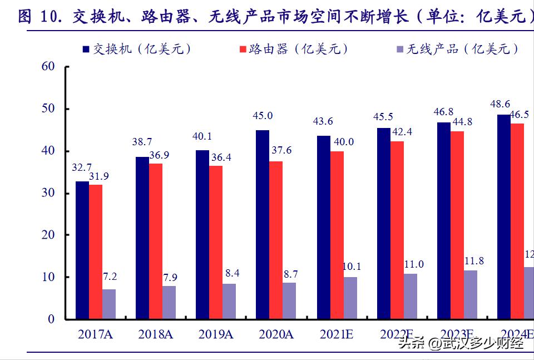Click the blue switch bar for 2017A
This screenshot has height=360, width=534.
[x=82, y=250]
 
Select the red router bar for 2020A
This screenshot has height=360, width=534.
[x=275, y=240]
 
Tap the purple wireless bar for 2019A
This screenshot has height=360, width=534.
[x=229, y=302]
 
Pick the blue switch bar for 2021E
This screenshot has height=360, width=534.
[x=323, y=228]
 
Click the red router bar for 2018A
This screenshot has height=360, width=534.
[x=156, y=241]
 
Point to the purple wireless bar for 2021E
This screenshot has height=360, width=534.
[x=350, y=298]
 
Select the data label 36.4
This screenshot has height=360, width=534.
[x=220, y=157]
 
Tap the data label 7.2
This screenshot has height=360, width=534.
[x=109, y=277]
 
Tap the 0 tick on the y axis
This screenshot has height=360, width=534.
[x=51, y=319]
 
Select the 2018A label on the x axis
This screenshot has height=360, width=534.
[x=156, y=334]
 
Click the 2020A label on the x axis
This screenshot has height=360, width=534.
[x=276, y=334]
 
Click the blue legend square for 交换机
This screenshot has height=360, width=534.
[x=86, y=50]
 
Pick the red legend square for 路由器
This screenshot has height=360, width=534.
[x=243, y=50]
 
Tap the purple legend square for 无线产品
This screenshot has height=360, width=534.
[x=399, y=50]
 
